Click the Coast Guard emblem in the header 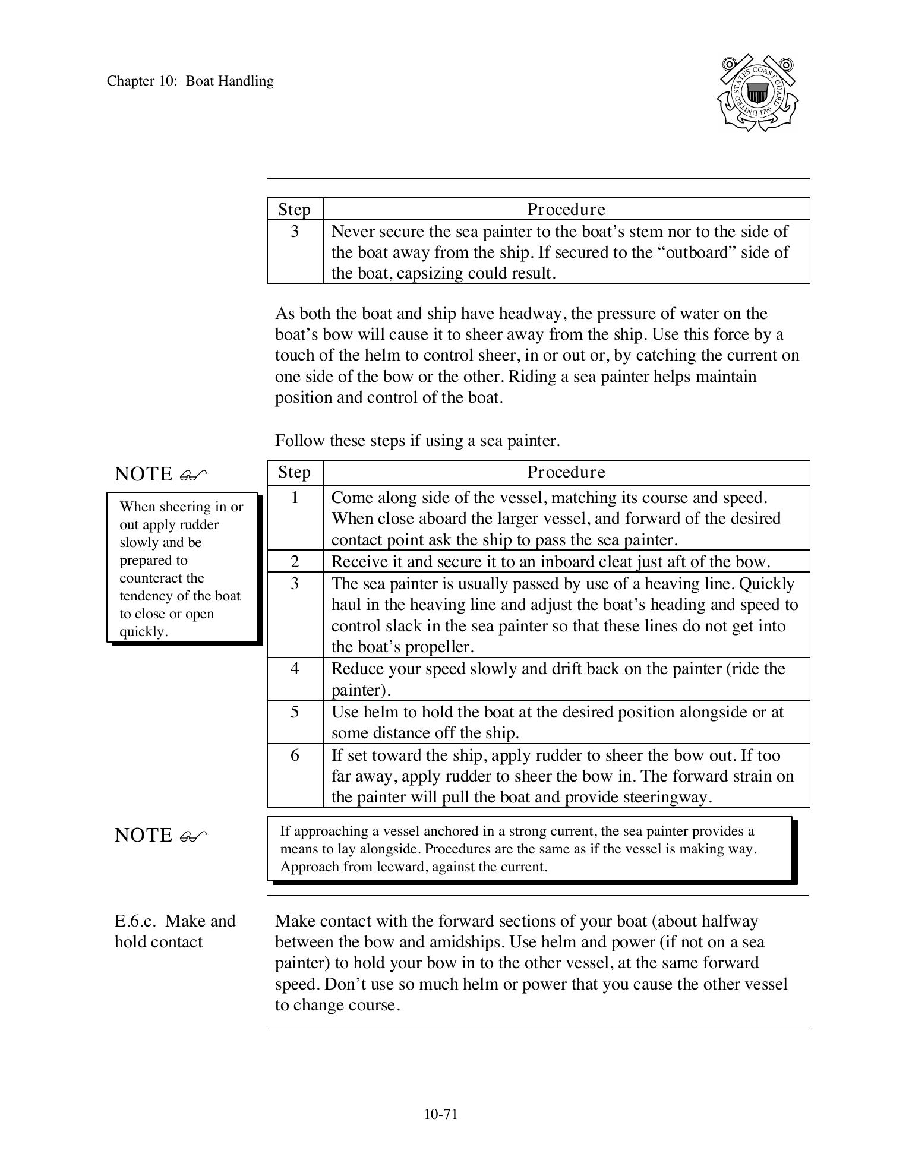(757, 93)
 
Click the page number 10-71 (440, 1114)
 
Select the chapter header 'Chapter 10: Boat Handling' (190, 81)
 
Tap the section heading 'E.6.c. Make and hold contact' (175, 931)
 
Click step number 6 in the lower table (295, 755)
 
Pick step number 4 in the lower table (295, 669)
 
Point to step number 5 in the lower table (295, 712)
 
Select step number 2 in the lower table (295, 561)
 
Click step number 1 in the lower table (295, 497)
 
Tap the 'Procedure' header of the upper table (566, 210)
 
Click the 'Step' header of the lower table (295, 472)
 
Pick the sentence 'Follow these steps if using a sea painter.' (417, 441)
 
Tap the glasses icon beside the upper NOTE (193, 475)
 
